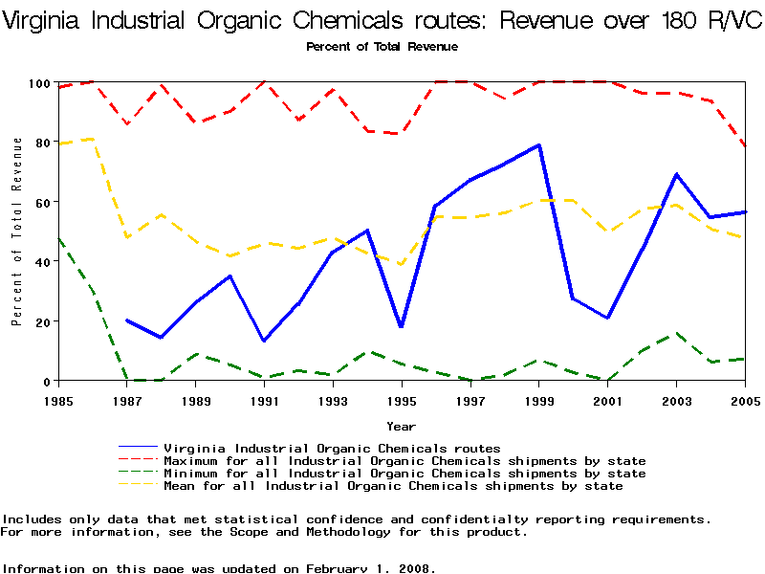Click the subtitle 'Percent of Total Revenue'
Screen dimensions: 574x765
(382, 47)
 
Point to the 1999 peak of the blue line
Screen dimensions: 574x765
(540, 145)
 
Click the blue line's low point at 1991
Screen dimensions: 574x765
(265, 341)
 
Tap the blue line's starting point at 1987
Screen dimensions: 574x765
(127, 320)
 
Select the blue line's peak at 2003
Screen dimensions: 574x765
(677, 174)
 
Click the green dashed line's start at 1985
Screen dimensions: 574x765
(58, 238)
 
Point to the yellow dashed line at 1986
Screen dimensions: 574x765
(93, 139)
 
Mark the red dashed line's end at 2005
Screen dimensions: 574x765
(745, 146)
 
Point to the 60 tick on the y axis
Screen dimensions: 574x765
(39, 202)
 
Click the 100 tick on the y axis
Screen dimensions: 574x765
(35, 83)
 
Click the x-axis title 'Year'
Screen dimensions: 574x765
(401, 426)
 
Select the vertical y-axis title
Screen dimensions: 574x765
(16, 231)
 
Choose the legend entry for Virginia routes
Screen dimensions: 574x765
(332, 448)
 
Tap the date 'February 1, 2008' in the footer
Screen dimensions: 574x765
(369, 568)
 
